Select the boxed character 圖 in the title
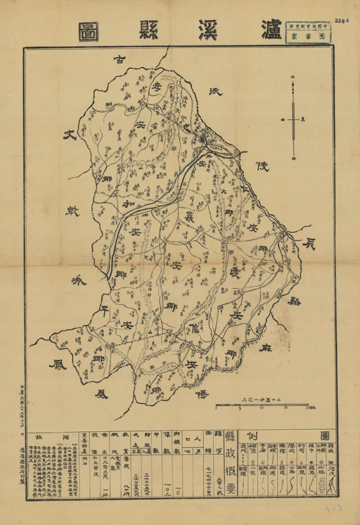point(89,31)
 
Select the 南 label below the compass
point(294,159)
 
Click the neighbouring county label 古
point(119,59)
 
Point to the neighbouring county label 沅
point(217,91)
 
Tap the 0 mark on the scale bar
point(216,408)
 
